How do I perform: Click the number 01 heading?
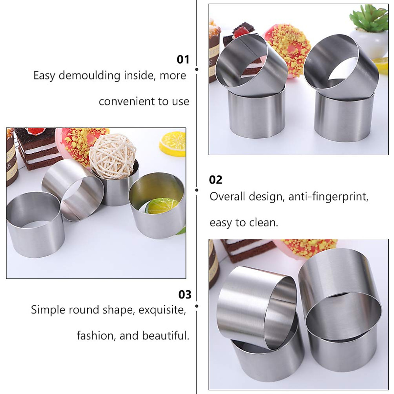pyautogui.click(x=183, y=59)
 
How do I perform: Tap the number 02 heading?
pyautogui.click(x=216, y=180)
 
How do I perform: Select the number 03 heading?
pyautogui.click(x=185, y=295)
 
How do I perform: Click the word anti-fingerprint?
pyautogui.click(x=328, y=196)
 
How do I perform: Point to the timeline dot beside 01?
pyautogui.click(x=197, y=69)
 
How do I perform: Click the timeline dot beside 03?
pyautogui.click(x=197, y=306)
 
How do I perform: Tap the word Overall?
pyautogui.click(x=227, y=196)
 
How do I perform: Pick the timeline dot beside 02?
pyautogui.click(x=197, y=190)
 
